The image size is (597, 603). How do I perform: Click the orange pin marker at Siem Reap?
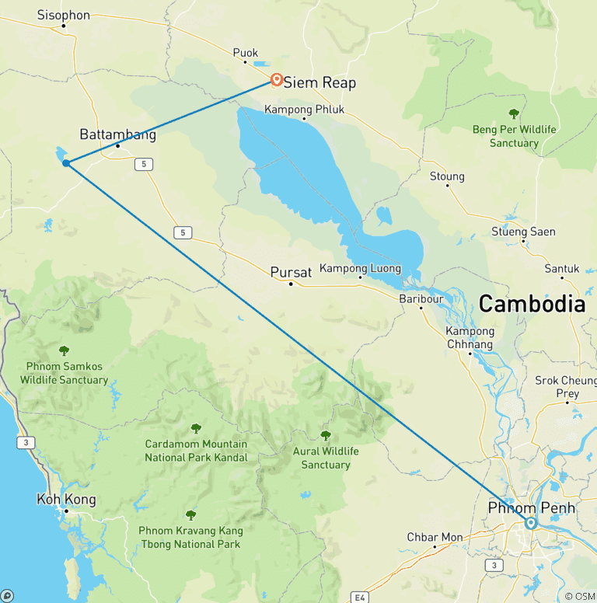276,79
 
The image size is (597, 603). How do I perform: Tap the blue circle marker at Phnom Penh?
531,523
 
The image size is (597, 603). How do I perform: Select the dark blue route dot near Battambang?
67,163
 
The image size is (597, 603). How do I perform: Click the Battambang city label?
117,134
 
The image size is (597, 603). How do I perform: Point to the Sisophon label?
64,15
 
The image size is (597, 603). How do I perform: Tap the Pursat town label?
291,272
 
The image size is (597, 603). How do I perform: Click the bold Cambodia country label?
532,304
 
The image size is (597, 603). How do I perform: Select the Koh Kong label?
66,500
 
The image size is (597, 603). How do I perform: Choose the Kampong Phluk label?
305,109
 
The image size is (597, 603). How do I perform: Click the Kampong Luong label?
361,269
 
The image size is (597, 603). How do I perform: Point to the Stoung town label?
447,176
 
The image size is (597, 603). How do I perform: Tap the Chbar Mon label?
435,537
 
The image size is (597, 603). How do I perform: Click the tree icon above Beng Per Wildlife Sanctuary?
513,114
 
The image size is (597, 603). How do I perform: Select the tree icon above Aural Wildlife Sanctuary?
326,435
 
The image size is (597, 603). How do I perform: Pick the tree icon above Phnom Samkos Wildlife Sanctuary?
64,351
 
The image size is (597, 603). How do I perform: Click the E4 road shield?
359,597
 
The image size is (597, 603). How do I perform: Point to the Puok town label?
245,52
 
